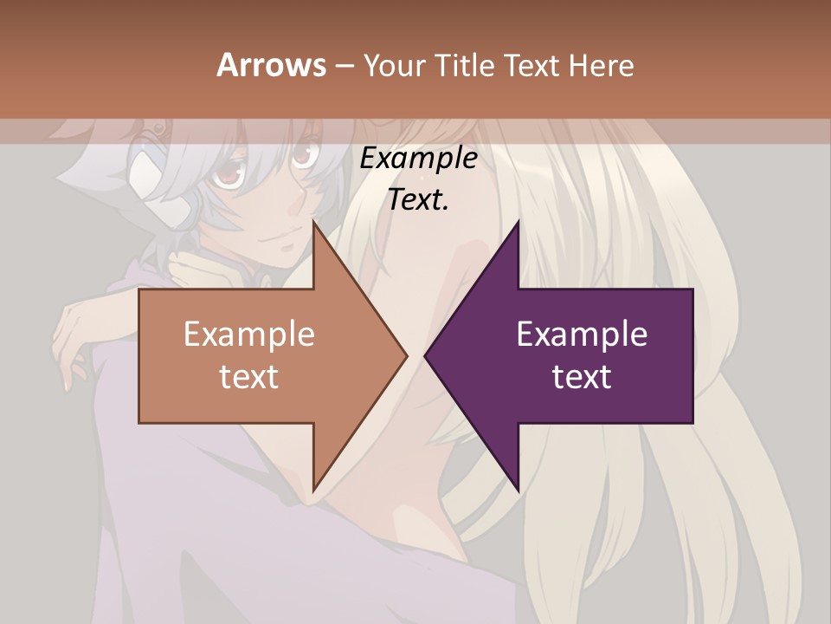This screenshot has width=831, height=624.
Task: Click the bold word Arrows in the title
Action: [x=272, y=65]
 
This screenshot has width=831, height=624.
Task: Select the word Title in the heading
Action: [x=469, y=65]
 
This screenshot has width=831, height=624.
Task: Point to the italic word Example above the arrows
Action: [x=418, y=159]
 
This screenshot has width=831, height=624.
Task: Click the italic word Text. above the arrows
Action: [x=418, y=199]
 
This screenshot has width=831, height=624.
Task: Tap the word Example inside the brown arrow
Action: [x=249, y=334]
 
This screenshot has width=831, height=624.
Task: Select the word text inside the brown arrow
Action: [x=249, y=376]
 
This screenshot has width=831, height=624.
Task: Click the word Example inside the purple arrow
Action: [x=582, y=334]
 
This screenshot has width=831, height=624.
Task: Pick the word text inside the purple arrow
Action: [x=582, y=376]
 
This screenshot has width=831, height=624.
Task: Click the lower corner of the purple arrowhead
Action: [x=518, y=491]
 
